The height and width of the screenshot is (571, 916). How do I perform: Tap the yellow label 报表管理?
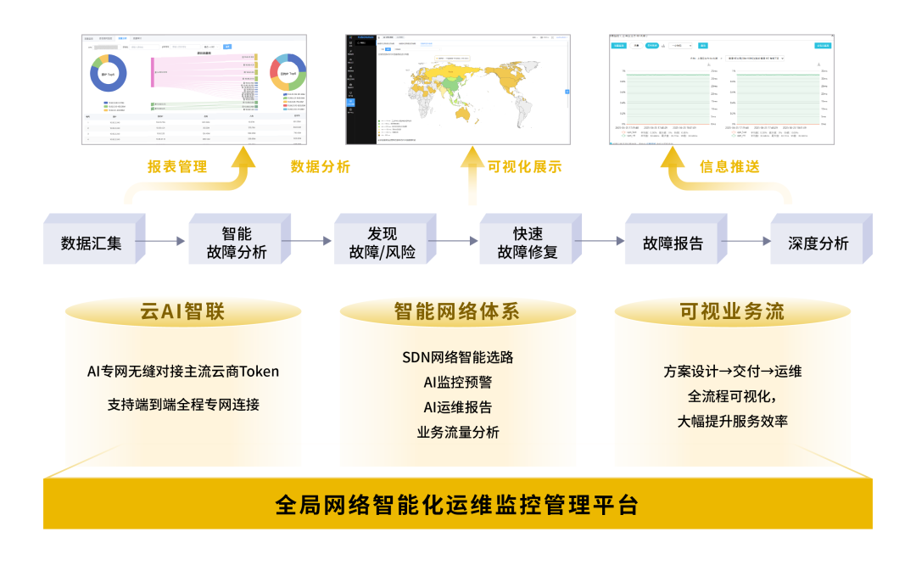pos(177,167)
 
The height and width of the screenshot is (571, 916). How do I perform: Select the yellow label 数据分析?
pos(321,167)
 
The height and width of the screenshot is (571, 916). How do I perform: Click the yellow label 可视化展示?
pos(524,167)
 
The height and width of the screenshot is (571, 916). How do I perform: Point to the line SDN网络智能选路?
pos(457,357)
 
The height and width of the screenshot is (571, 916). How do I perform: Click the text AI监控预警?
pos(457,382)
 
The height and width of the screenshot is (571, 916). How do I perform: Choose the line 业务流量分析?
pos(457,432)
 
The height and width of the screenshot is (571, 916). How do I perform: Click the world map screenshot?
pos(457,89)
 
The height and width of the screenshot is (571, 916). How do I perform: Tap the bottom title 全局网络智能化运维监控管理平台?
pos(457,506)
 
